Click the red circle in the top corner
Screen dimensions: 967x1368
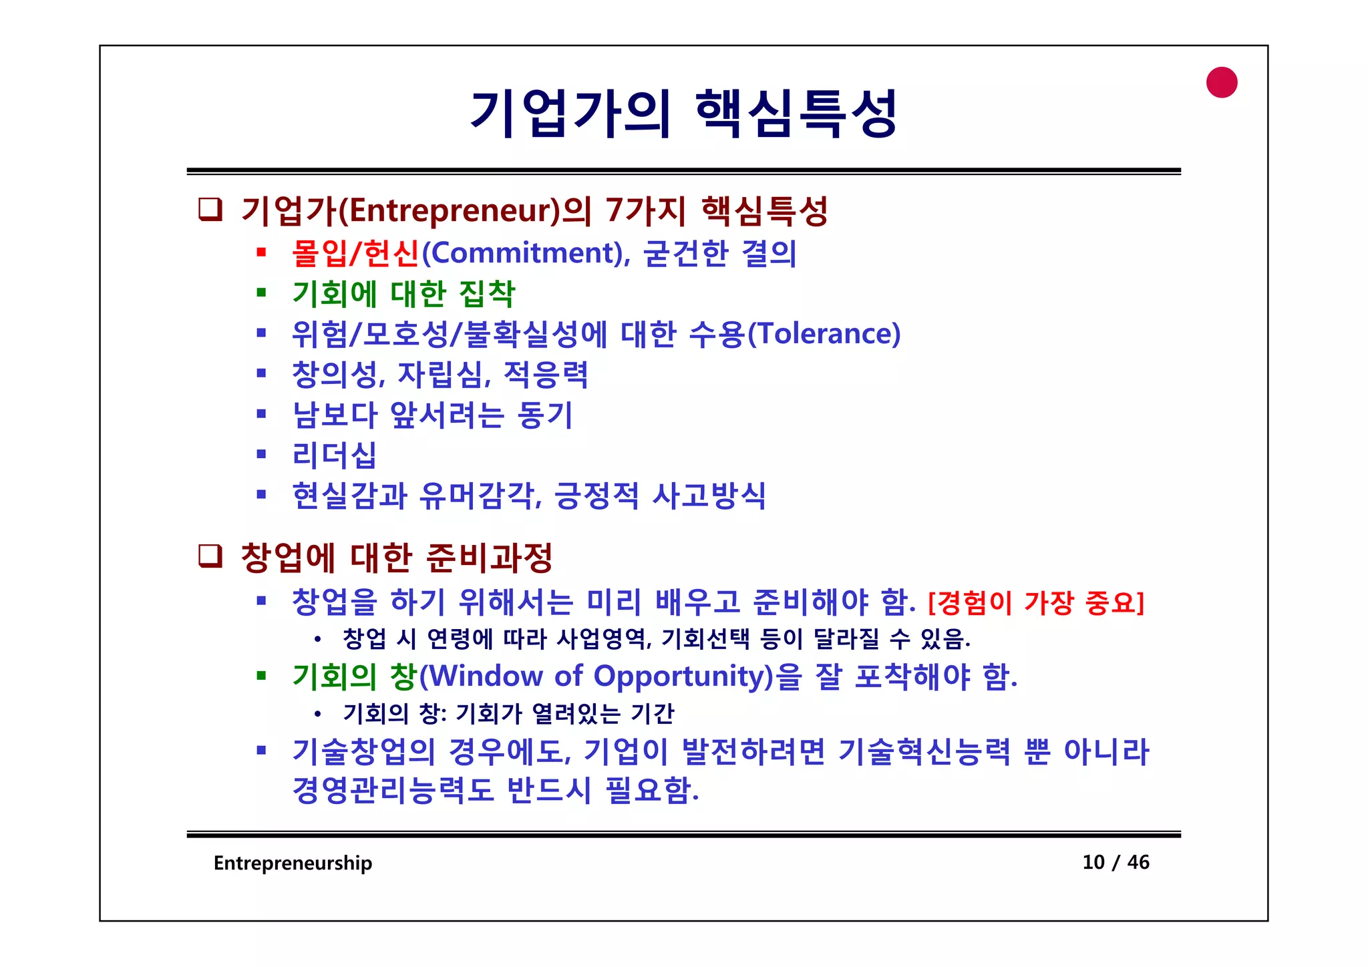(1222, 83)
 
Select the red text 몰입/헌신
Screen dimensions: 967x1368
(355, 253)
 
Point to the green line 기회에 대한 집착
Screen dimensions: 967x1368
(403, 294)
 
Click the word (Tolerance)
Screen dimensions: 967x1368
(824, 334)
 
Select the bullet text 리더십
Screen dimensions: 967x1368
(334, 455)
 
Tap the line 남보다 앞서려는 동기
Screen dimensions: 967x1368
(432, 415)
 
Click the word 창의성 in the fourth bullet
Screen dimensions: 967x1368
(337, 375)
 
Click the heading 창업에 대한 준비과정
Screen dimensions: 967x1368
(396, 558)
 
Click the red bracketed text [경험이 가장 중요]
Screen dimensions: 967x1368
(1036, 603)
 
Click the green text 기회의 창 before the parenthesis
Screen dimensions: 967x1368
(355, 676)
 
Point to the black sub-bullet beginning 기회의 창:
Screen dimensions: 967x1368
(508, 714)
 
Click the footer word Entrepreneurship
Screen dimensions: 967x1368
(293, 863)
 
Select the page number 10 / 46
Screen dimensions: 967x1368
(1116, 862)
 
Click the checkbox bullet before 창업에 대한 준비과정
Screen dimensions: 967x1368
(210, 556)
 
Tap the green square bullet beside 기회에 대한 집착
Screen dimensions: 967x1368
(262, 293)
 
